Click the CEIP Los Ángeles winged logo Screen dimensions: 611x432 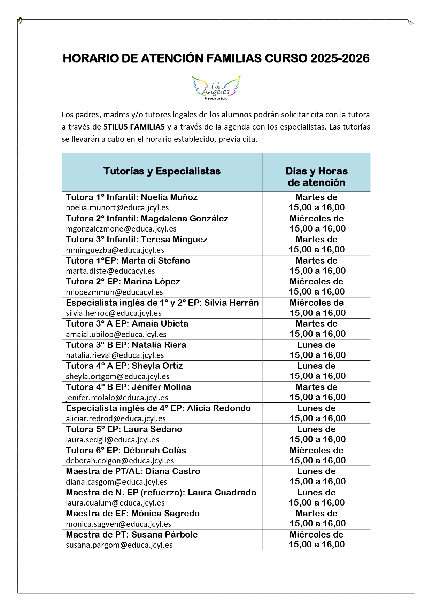(216, 87)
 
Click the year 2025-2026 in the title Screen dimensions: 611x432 (340, 58)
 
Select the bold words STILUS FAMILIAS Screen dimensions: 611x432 (134, 127)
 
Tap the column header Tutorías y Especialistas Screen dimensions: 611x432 (162, 171)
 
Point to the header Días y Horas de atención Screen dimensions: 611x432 (316, 177)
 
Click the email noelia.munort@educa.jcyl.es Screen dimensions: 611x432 (117, 208)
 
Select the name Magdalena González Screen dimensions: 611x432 (185, 219)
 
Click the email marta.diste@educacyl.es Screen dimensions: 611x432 (110, 271)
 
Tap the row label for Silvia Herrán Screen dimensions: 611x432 (162, 303)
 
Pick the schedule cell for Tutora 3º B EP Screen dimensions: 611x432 (316, 350)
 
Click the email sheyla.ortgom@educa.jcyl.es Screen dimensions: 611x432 (118, 376)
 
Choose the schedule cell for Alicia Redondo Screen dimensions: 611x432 (316, 413)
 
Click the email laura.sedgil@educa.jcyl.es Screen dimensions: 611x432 (113, 440)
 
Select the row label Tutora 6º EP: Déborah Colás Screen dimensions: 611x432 (126, 451)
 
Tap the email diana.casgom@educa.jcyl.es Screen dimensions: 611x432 (116, 482)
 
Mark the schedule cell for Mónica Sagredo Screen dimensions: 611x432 (316, 518)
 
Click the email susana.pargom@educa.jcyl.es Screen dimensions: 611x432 (119, 545)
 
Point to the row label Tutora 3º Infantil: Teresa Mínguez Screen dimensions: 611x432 (137, 240)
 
